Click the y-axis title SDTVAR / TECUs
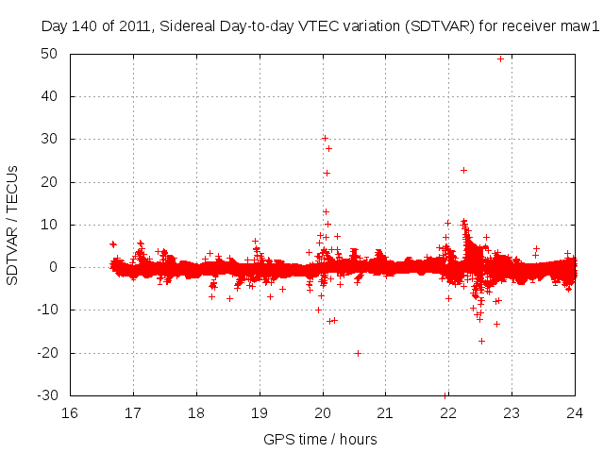12,225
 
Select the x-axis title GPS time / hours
321,439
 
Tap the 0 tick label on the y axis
57,267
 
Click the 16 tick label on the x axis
70,411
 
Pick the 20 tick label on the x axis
322,411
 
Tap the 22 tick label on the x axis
448,411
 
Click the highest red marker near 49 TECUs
500,59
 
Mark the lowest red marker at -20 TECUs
359,353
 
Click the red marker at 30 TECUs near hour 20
325,138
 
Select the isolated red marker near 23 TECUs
463,170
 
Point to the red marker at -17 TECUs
481,341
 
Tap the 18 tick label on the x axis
196,411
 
